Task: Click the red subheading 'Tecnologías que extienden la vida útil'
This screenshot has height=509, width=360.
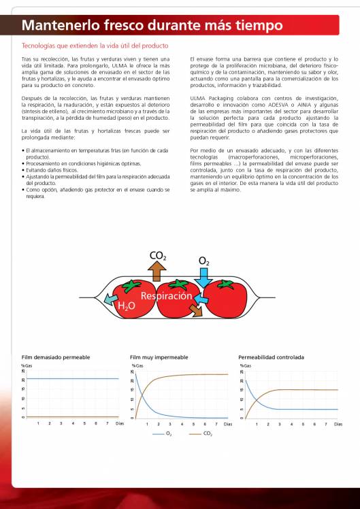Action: (x=95, y=46)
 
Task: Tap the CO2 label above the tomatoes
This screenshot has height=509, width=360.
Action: (x=157, y=256)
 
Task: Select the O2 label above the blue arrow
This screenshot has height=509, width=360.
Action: (x=204, y=261)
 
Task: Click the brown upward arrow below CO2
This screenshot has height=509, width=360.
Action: (x=158, y=272)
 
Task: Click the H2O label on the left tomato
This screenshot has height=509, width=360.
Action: (x=127, y=307)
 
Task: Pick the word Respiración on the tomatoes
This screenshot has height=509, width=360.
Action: (x=167, y=296)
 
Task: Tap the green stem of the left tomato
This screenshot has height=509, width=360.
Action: (x=129, y=286)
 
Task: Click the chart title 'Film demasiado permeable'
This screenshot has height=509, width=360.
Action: (x=55, y=357)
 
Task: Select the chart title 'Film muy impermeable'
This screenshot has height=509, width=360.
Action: (x=159, y=357)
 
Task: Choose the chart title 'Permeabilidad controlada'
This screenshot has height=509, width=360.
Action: (x=271, y=357)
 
